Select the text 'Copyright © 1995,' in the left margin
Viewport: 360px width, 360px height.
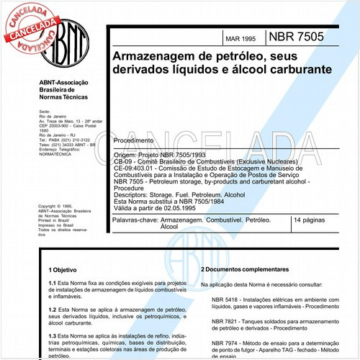pyautogui.click(x=58, y=205)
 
